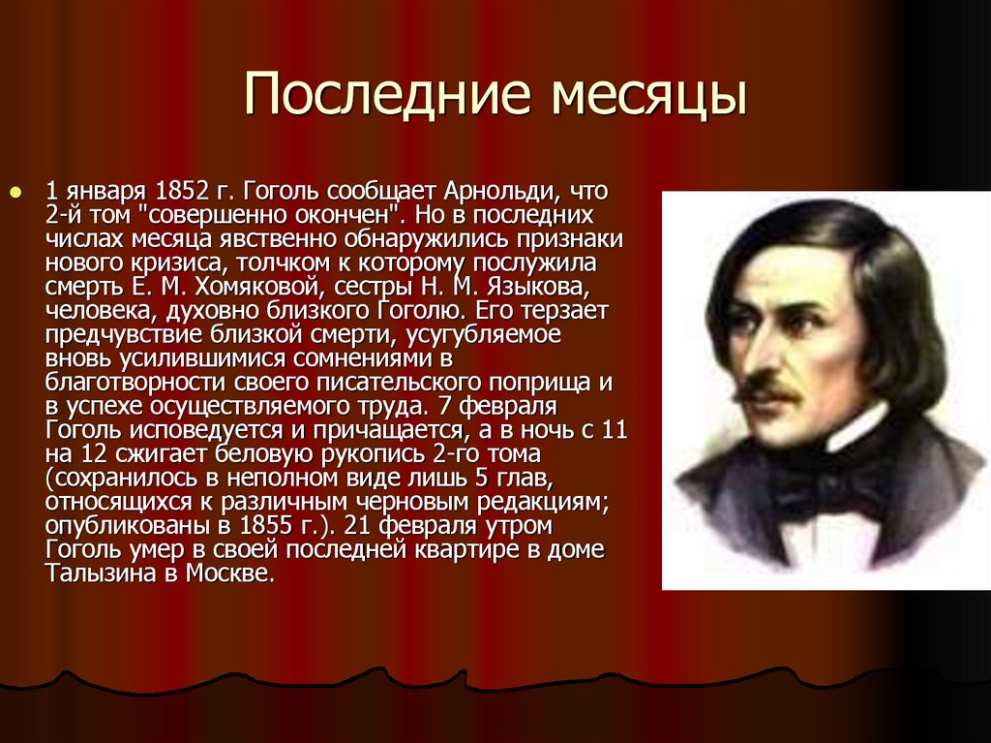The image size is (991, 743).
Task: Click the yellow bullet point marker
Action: pyautogui.click(x=15, y=192)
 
